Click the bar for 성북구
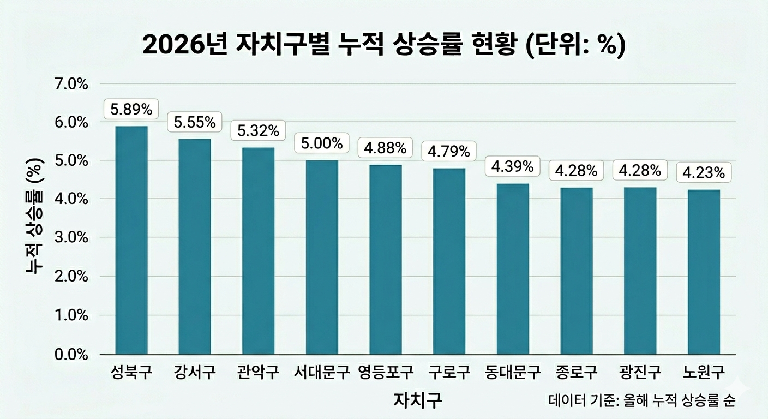(131, 241)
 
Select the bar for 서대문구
(322, 258)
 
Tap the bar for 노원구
(704, 272)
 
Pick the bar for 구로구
(449, 261)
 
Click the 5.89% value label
(131, 109)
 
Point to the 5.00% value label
(322, 143)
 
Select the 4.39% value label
(513, 166)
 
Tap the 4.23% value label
(704, 172)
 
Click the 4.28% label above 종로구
(577, 170)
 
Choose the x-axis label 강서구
(195, 372)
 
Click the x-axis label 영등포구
(386, 372)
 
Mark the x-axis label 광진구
(640, 372)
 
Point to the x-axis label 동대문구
(513, 372)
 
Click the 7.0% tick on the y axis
(71, 84)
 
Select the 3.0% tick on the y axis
(71, 237)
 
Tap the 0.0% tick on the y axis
(71, 355)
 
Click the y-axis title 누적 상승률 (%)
(35, 216)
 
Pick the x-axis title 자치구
(418, 399)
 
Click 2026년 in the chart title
(184, 45)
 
